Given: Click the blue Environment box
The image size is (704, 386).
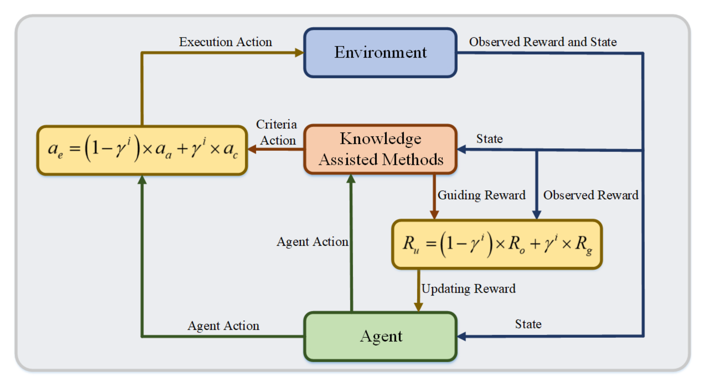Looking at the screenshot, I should click(380, 52).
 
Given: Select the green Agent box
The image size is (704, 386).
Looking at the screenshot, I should click(380, 336).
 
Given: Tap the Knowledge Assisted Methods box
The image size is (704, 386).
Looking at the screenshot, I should click(380, 149).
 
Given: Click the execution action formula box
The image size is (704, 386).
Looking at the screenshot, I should click(142, 150).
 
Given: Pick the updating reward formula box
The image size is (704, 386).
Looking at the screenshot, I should click(497, 244).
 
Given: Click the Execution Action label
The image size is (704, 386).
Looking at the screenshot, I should click(226, 42).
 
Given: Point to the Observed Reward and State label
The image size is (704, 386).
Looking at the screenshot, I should click(543, 42).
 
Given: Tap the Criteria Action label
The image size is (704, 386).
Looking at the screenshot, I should click(277, 132).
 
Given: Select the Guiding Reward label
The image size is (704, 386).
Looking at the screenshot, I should click(481, 195).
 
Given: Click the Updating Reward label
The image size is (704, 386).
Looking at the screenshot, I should click(468, 289).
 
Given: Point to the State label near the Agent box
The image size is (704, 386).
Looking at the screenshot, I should click(528, 324).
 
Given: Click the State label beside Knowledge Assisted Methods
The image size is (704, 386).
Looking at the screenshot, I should click(489, 139).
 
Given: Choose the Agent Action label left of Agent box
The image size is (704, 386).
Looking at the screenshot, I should click(223, 326).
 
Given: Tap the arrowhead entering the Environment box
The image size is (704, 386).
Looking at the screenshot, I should click(300, 52).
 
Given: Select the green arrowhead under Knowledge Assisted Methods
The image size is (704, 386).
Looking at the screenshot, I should click(351, 179).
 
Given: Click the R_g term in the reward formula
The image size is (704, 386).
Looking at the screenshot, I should click(584, 244).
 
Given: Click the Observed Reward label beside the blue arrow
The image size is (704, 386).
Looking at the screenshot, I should click(590, 195).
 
